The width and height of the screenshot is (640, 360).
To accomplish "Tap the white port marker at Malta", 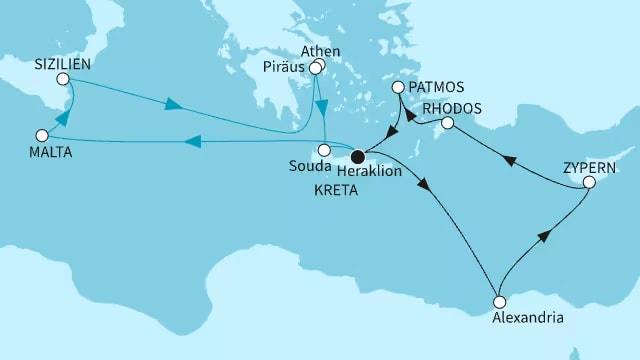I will (41, 135).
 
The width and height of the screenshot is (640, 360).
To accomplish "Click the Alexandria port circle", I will (499, 299).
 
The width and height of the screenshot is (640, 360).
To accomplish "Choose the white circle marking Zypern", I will (590, 183).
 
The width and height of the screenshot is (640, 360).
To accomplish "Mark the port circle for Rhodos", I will (448, 123).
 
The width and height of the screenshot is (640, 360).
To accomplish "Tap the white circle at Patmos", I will (398, 88).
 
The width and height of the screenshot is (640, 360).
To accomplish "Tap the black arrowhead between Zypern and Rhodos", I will (507, 158).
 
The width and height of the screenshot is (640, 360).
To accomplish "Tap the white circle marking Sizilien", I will (62, 79).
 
